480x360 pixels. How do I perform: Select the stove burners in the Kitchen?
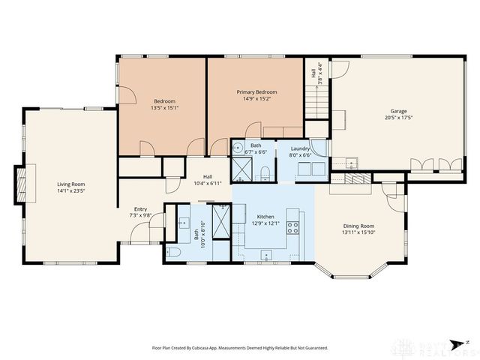(x=294, y=227)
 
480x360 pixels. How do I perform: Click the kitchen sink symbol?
(x=265, y=254)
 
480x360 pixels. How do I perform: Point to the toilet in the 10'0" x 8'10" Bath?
(x=172, y=252)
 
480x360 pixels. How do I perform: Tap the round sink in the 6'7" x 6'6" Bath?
(x=236, y=147)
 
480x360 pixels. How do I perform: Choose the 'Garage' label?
(x=399, y=111)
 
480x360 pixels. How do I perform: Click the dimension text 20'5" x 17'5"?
(x=399, y=118)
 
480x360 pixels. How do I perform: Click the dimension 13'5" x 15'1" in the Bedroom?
(x=164, y=107)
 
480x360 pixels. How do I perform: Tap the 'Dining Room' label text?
(x=358, y=226)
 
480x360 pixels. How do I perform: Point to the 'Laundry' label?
(x=301, y=148)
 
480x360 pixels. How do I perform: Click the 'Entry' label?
(x=140, y=209)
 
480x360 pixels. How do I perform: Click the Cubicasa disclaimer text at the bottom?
(x=240, y=348)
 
